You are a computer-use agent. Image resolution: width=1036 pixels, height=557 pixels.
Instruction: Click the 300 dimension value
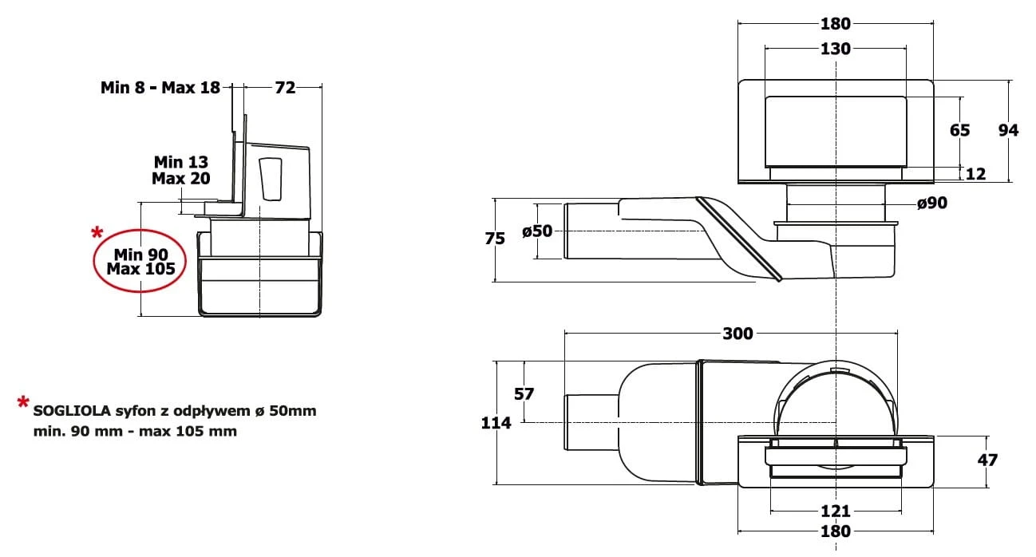point(737,334)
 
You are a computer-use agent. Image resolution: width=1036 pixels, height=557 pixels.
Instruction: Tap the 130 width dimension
point(836,49)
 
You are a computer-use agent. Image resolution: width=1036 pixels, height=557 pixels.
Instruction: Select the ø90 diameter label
point(932,203)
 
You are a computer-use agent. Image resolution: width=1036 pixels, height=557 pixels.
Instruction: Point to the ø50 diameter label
point(537,231)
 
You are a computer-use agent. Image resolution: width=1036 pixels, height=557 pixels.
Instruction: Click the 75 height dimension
point(495,239)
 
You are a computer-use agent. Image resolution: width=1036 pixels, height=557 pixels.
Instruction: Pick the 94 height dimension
point(1008,130)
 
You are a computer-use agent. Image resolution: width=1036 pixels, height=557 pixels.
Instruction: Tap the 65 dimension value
point(959,130)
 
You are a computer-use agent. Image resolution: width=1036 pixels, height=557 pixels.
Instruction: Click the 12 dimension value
point(976,174)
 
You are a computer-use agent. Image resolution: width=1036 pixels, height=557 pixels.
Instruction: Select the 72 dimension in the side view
point(285,87)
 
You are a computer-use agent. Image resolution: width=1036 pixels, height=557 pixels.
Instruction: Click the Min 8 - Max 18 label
point(160,87)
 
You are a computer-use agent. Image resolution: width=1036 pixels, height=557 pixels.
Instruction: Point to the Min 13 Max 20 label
point(181,170)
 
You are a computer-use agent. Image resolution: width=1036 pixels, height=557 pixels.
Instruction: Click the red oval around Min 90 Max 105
point(140,261)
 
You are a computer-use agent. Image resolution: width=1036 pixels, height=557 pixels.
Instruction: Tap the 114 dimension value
point(496,423)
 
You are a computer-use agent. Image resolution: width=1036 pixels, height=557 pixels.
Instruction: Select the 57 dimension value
point(524,394)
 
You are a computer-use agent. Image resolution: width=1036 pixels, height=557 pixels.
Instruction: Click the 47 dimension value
point(987,460)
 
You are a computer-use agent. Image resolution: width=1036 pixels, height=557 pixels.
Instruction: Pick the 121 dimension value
point(836,511)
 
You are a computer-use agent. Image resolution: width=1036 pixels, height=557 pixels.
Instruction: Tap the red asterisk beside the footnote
point(23,402)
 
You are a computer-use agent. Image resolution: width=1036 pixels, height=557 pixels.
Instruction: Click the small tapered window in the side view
point(271,180)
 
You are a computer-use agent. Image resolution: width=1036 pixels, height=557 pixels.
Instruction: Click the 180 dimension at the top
point(836,24)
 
